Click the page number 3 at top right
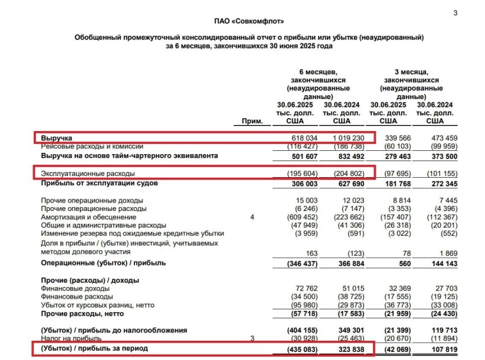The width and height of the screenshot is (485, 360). click(455, 13)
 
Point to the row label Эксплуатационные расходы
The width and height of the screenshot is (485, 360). click(88, 173)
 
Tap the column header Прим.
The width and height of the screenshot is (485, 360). click(253, 120)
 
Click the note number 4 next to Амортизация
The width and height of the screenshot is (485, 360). click(252, 217)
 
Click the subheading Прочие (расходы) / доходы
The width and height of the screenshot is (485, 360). click(90, 280)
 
